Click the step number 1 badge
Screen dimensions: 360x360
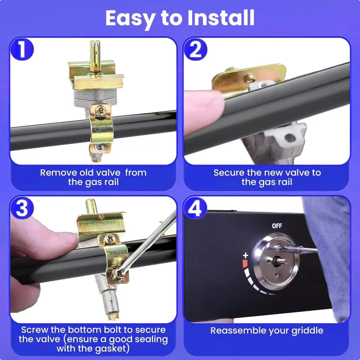coord(22,49)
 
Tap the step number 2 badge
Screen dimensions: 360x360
coord(195,49)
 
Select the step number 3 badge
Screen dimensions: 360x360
coord(22,208)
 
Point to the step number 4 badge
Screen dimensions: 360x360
coord(195,208)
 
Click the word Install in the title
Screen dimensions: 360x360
coord(221,18)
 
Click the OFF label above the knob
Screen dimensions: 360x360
coord(277,226)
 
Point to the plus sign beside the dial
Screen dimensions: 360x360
coord(246,255)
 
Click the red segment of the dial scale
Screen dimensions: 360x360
coord(245,264)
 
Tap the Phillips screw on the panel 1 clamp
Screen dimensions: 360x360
coord(101,111)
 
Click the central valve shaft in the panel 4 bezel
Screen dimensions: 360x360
coord(281,261)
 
